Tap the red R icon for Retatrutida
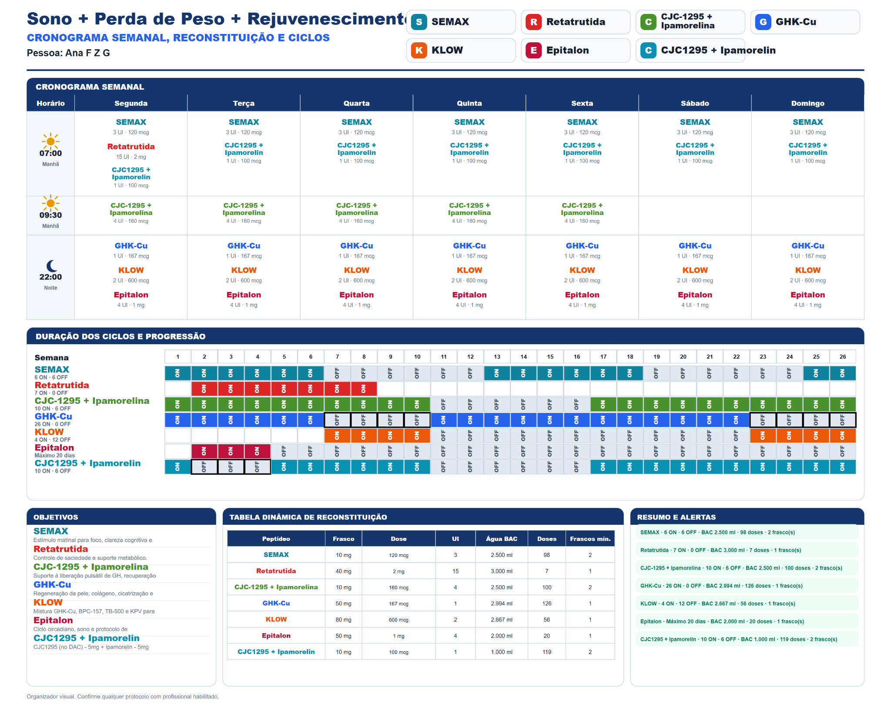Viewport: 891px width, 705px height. tap(533, 22)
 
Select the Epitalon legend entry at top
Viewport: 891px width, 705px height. tap(575, 50)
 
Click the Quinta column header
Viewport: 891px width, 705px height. tap(469, 103)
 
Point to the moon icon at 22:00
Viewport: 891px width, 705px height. tap(52, 265)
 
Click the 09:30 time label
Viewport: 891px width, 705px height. tap(50, 215)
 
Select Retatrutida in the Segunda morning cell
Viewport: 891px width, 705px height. tap(131, 147)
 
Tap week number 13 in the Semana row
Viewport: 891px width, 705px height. tap(497, 357)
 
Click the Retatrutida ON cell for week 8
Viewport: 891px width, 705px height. tap(364, 389)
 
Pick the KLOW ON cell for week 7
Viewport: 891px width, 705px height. tap(337, 436)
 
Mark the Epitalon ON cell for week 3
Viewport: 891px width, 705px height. tap(231, 451)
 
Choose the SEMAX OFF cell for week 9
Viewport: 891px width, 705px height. tap(390, 373)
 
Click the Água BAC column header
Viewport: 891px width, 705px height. tap(502, 539)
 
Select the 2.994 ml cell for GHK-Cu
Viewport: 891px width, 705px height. tap(502, 604)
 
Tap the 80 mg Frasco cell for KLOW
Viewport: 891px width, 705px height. tap(343, 620)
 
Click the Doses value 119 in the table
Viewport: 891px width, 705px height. tap(547, 652)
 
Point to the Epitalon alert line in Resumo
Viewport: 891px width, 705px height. tap(722, 621)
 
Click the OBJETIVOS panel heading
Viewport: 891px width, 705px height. tap(56, 517)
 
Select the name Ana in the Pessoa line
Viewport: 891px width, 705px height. tap(74, 53)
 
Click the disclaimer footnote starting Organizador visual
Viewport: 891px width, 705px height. tap(123, 696)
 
